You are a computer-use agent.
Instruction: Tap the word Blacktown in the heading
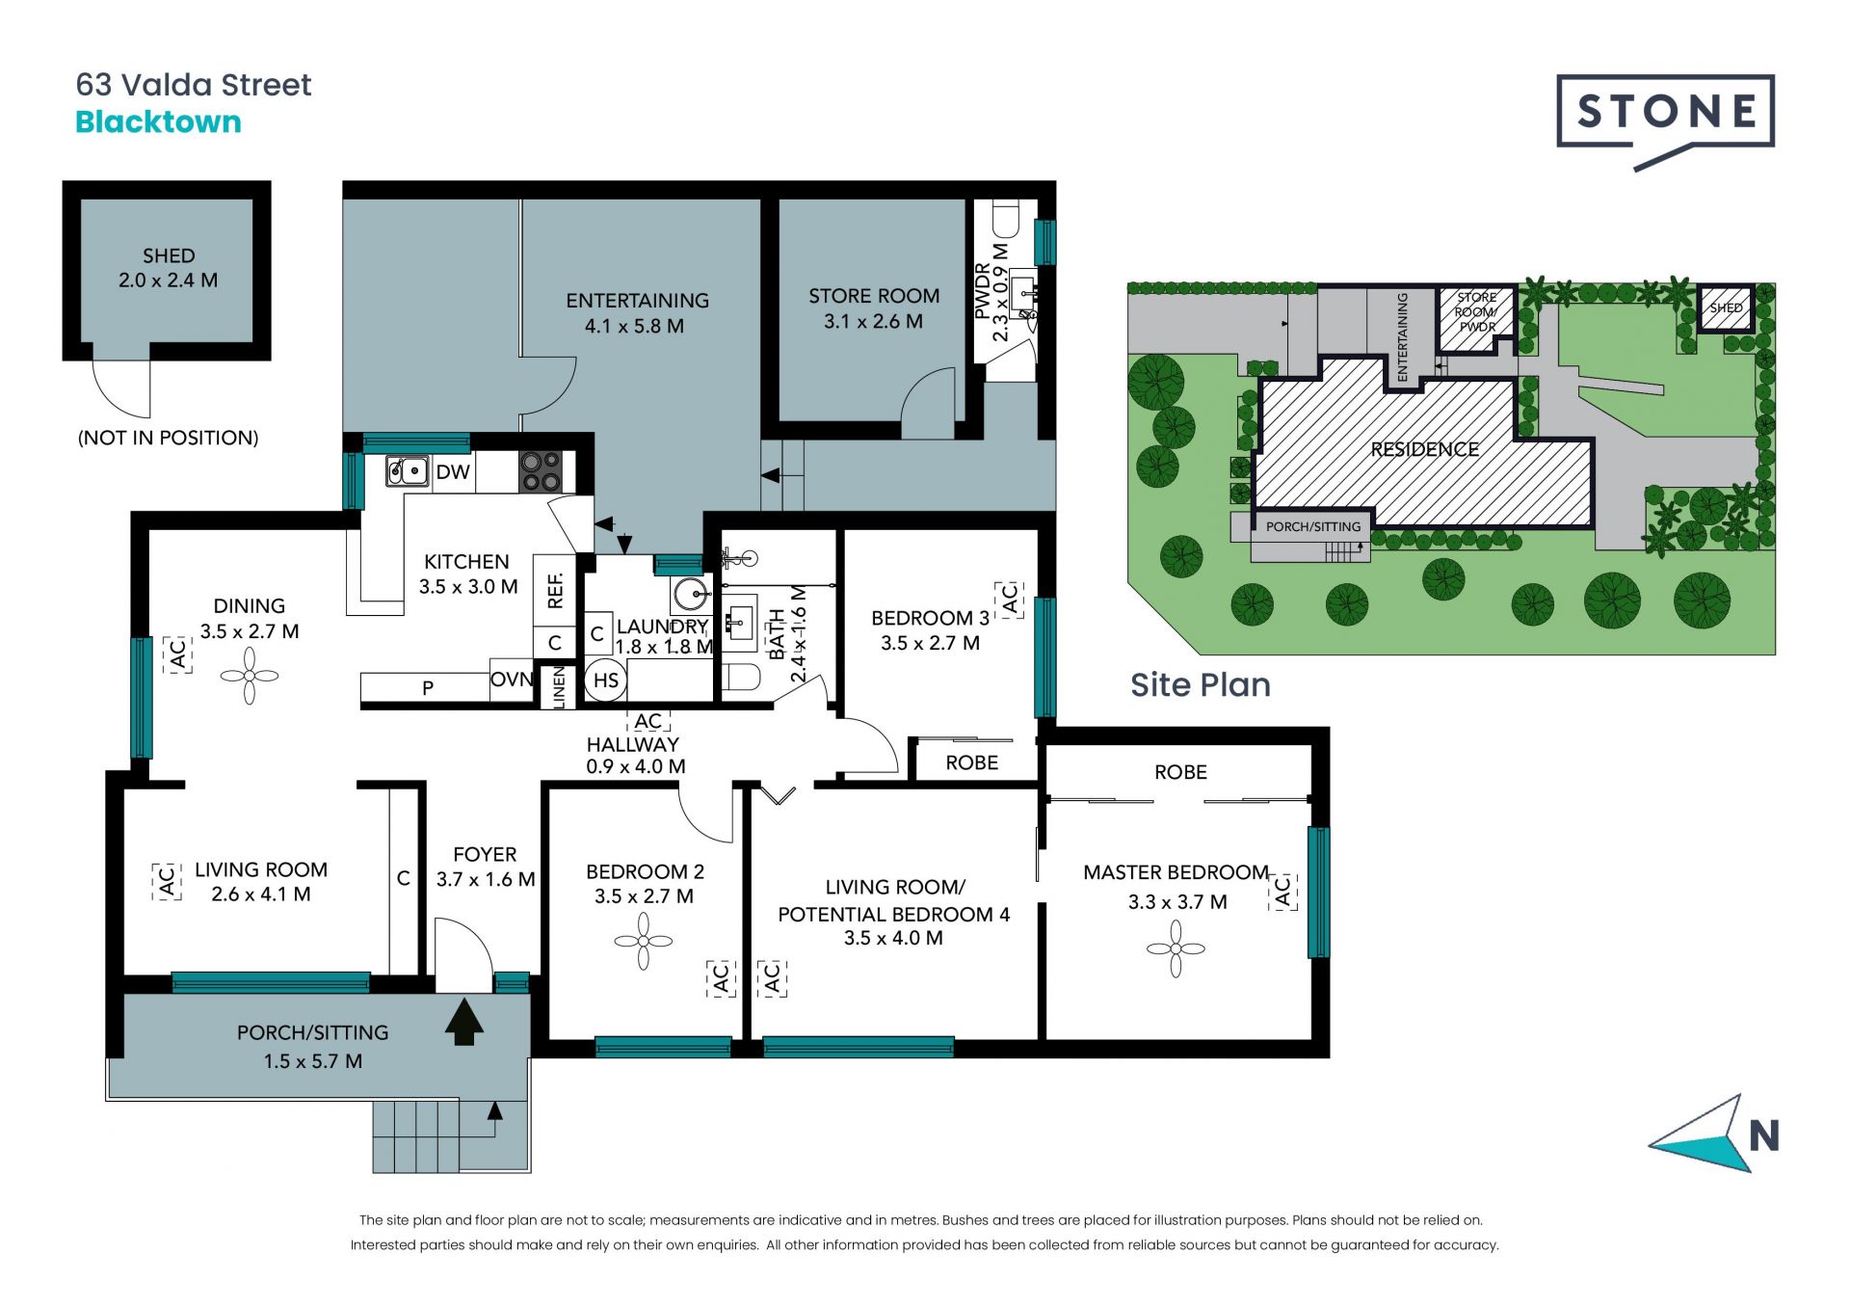(158, 122)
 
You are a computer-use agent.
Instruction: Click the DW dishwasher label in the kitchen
(453, 472)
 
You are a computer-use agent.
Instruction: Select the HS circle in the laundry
(606, 681)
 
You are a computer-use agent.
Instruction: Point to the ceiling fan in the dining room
(250, 675)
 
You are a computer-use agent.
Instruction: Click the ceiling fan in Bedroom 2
(644, 941)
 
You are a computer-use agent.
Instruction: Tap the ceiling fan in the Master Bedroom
(1176, 948)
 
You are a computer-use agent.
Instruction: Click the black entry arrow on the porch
(464, 1022)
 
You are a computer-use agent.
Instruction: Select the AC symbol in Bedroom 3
(1009, 600)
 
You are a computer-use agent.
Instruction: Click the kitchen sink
(408, 471)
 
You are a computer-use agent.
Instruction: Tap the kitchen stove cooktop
(541, 472)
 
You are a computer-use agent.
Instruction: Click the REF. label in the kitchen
(555, 591)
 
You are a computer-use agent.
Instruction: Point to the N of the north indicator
(1764, 1136)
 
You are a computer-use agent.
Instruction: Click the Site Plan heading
(1201, 685)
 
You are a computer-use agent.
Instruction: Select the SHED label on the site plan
(1726, 308)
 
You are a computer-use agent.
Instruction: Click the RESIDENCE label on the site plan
(1425, 449)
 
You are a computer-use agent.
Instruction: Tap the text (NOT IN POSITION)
(168, 438)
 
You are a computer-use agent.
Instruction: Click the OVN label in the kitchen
(512, 680)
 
